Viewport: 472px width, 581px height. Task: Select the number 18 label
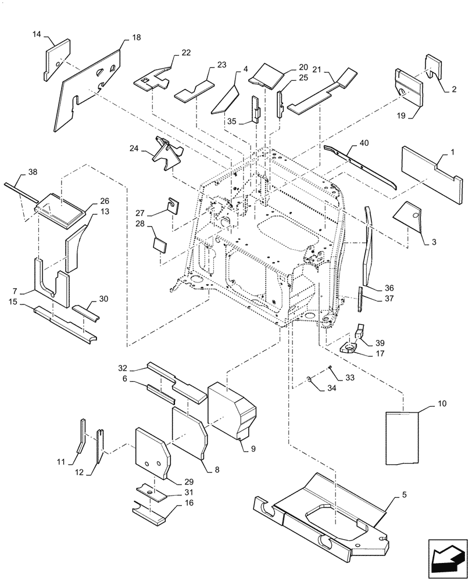point(136,37)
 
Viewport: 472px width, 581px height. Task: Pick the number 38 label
point(33,173)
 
